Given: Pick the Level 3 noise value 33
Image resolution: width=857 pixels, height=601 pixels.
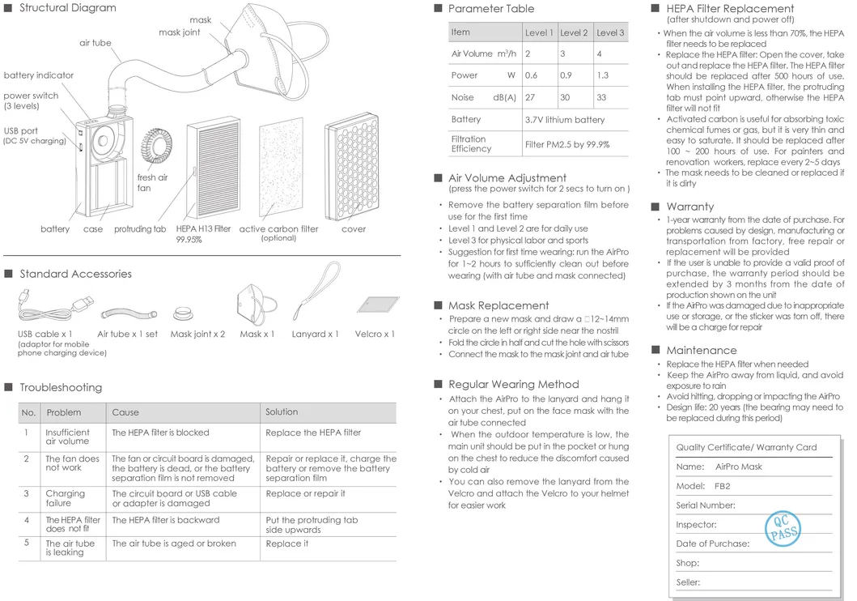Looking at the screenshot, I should (x=601, y=97).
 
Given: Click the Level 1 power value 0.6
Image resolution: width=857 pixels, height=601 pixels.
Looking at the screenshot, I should (x=531, y=75).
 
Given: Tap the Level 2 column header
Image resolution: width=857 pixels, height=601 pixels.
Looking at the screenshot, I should (x=574, y=33).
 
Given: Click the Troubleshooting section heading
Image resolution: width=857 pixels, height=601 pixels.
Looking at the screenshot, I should (x=61, y=388).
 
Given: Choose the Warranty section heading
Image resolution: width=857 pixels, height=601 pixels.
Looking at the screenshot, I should (x=689, y=207).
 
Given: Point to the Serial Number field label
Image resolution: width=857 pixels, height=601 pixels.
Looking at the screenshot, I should (x=706, y=505).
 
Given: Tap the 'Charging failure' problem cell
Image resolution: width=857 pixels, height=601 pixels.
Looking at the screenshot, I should (x=65, y=498).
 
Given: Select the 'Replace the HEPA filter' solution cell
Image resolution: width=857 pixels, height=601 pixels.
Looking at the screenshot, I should (x=313, y=433).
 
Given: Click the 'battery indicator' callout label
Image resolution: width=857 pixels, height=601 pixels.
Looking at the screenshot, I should (x=38, y=75).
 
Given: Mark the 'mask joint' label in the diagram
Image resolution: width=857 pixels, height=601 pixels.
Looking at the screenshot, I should (x=179, y=32).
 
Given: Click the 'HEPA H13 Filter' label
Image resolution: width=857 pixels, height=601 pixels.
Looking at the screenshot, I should (x=203, y=229).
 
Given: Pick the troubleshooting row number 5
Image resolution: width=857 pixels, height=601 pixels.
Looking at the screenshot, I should (x=26, y=543).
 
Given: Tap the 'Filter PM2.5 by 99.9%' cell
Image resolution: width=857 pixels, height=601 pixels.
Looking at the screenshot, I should (x=566, y=144).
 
